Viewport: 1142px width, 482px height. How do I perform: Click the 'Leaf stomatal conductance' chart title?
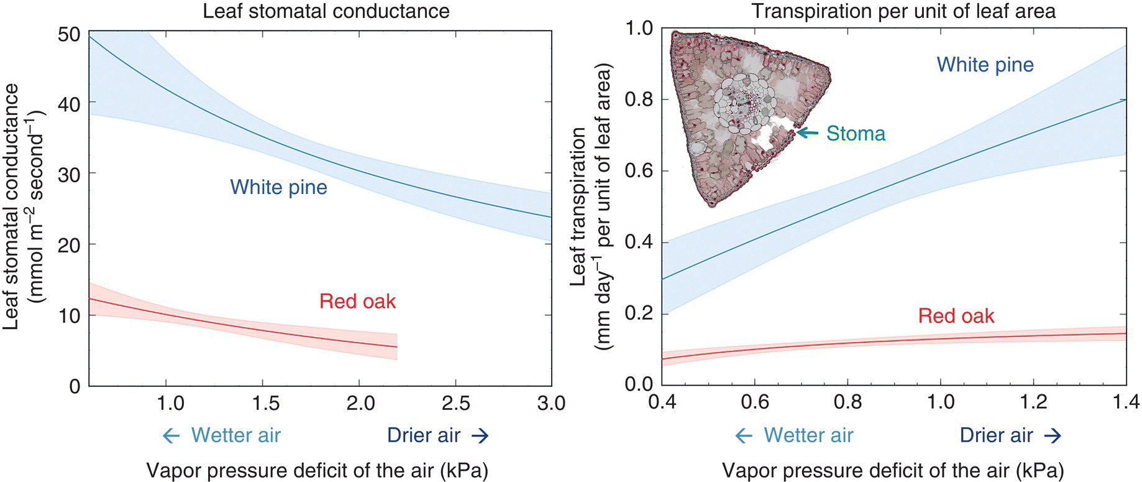pyautogui.click(x=326, y=11)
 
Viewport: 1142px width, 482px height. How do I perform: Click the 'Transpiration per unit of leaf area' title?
pyautogui.click(x=903, y=11)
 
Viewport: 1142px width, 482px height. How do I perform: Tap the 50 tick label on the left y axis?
pyautogui.click(x=68, y=34)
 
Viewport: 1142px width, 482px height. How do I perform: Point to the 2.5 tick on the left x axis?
pyautogui.click(x=455, y=403)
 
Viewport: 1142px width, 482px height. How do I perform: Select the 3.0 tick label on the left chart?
pyautogui.click(x=550, y=403)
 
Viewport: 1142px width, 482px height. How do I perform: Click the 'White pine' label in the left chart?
pyautogui.click(x=278, y=187)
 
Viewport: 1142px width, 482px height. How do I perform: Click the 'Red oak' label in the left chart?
pyautogui.click(x=357, y=301)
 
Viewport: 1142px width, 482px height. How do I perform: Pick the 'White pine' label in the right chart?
pyautogui.click(x=985, y=65)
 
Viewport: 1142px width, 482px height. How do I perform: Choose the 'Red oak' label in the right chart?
pyautogui.click(x=956, y=316)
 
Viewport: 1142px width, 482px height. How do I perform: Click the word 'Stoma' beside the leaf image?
pyautogui.click(x=855, y=133)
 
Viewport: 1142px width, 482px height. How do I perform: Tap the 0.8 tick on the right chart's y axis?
pyautogui.click(x=639, y=100)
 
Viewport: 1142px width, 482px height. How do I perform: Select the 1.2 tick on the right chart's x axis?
pyautogui.click(x=1034, y=402)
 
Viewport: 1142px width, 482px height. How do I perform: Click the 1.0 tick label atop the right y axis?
pyautogui.click(x=639, y=29)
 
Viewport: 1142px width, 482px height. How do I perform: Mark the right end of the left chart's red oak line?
pyautogui.click(x=396, y=347)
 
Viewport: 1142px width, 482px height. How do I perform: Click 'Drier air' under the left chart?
pyautogui.click(x=424, y=435)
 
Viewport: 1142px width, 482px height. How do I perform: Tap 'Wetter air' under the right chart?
pyautogui.click(x=808, y=435)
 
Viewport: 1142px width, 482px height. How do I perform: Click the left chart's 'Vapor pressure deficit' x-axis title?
pyautogui.click(x=317, y=470)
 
